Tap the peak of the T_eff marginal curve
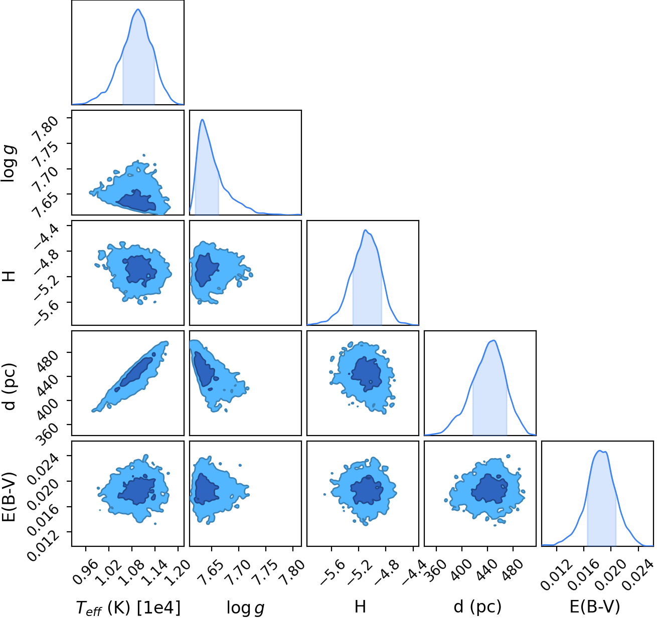(138, 9)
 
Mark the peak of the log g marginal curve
(202, 120)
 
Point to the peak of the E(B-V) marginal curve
(599, 451)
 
